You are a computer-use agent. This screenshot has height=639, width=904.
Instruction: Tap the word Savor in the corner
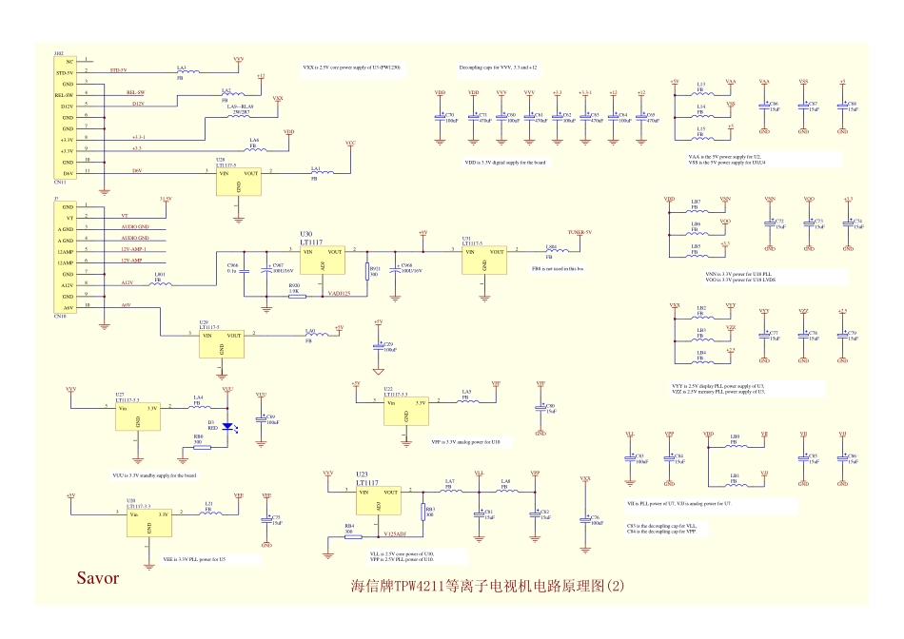click(x=98, y=577)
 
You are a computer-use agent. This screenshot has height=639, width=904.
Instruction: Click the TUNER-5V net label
click(x=580, y=233)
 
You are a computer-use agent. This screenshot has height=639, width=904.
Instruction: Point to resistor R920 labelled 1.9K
click(x=296, y=296)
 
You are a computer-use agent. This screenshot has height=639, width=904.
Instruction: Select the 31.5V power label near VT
click(x=166, y=199)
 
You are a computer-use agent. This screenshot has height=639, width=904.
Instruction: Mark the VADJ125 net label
click(x=340, y=294)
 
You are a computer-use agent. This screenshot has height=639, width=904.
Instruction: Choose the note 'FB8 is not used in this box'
click(x=558, y=269)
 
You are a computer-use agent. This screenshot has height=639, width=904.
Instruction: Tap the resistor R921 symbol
click(x=366, y=272)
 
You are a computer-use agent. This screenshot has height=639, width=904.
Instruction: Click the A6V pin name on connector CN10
click(x=67, y=307)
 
